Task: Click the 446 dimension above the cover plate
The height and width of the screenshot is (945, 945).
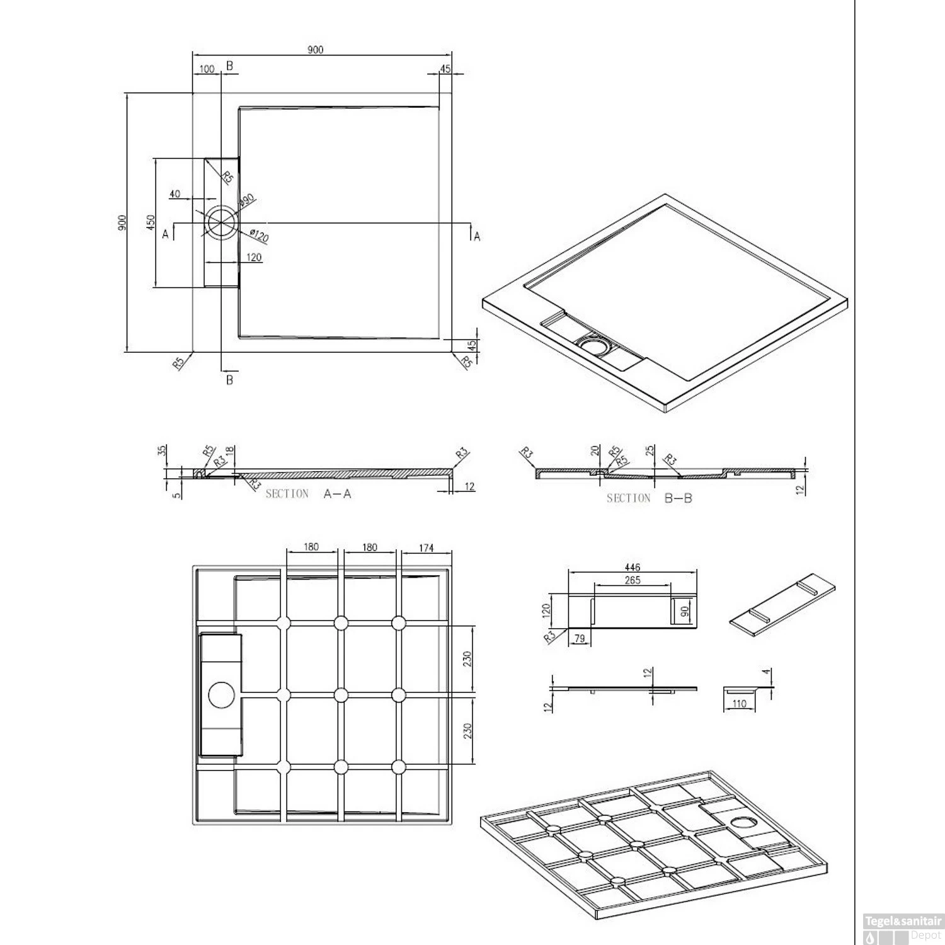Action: [x=632, y=568]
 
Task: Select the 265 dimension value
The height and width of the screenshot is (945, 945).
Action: [x=632, y=580]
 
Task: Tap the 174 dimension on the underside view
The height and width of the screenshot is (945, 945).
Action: [x=426, y=547]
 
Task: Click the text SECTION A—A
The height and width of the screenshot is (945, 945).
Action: [x=308, y=494]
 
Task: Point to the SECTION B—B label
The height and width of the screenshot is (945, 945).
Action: [x=649, y=498]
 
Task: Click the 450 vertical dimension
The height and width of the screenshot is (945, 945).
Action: [x=151, y=223]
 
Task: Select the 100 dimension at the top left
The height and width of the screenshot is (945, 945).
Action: [x=206, y=69]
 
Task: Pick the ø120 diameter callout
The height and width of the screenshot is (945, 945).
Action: [x=259, y=235]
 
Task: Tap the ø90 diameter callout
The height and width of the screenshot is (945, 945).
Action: [x=246, y=200]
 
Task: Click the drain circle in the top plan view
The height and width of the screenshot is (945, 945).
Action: [x=221, y=223]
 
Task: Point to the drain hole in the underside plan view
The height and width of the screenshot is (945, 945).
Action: [x=221, y=694]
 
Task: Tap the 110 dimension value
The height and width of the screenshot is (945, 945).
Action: [x=740, y=704]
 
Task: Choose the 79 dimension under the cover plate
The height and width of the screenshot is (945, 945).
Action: [x=580, y=638]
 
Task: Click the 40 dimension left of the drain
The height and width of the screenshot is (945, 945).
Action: [x=175, y=194]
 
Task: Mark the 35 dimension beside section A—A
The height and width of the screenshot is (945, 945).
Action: [x=162, y=450]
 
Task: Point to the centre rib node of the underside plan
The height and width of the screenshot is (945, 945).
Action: [x=341, y=695]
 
